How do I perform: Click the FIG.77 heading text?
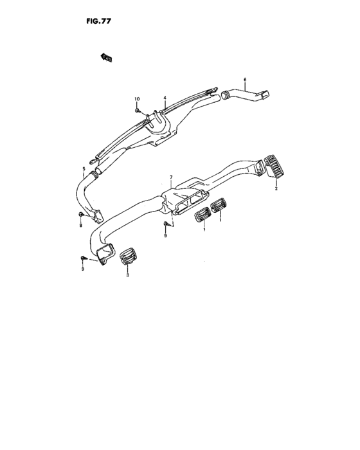tap(98, 21)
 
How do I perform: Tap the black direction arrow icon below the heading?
tap(106, 57)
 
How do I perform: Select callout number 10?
tap(137, 99)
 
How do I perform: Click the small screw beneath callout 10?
tap(137, 110)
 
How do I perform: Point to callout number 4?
tap(165, 98)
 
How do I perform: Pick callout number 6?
tap(245, 79)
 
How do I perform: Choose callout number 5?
tap(84, 168)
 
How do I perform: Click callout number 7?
tap(171, 177)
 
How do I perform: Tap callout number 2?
tap(276, 188)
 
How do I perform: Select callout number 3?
tap(128, 275)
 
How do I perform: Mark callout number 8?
tap(80, 226)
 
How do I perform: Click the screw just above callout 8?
tap(81, 214)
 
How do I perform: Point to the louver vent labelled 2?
tap(274, 166)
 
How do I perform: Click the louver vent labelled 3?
tap(127, 256)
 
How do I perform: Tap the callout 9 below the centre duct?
tap(165, 236)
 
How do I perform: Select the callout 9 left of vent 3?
tap(83, 269)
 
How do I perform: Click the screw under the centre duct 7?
tap(166, 224)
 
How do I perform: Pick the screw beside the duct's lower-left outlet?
tap(84, 258)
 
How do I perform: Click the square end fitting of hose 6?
tap(265, 95)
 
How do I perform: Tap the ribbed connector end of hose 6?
tap(225, 94)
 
